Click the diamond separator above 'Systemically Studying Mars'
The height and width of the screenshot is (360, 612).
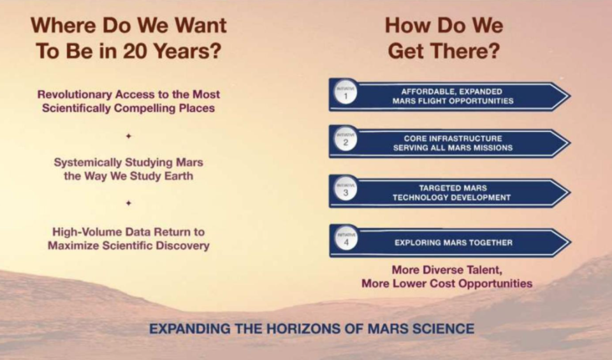pyautogui.click(x=129, y=136)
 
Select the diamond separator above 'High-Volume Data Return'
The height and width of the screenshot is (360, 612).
pyautogui.click(x=129, y=203)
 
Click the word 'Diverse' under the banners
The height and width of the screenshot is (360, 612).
pyautogui.click(x=444, y=270)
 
